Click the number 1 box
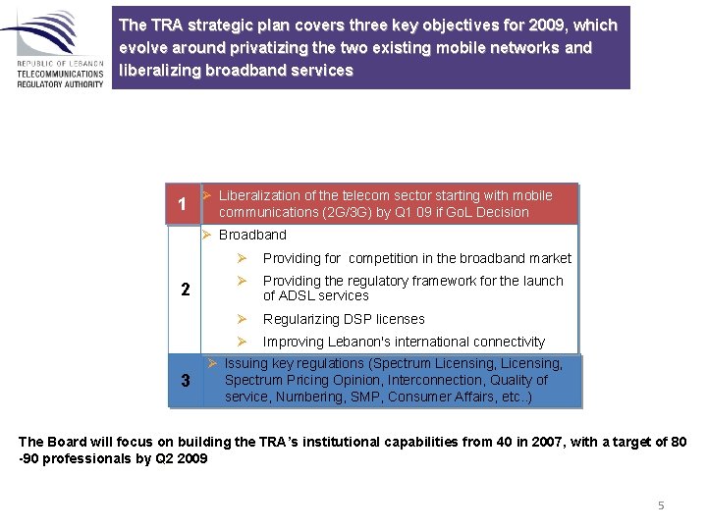click(x=182, y=205)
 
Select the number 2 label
click(x=185, y=289)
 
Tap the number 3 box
click(x=185, y=380)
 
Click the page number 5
click(x=661, y=504)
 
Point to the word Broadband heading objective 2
click(x=252, y=235)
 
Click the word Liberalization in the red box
click(x=258, y=195)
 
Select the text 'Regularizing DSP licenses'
click(x=344, y=319)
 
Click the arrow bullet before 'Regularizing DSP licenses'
click(x=241, y=319)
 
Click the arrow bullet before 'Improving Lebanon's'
click(x=241, y=342)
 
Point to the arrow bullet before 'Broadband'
click(x=206, y=235)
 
